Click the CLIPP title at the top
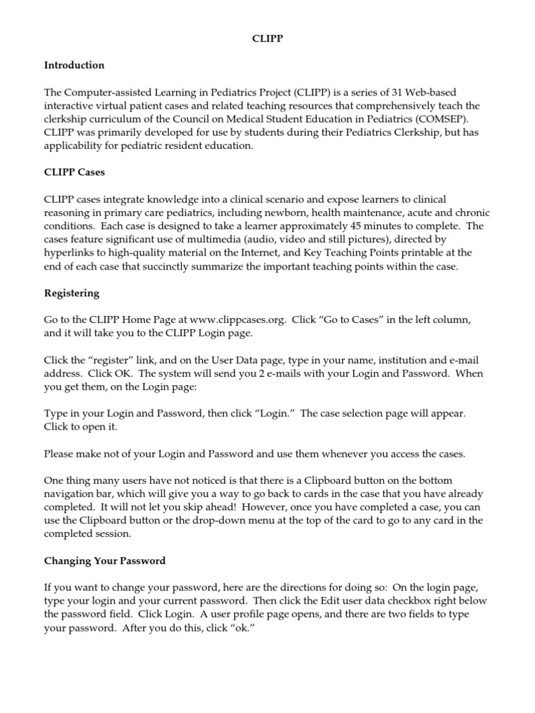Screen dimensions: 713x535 (267, 40)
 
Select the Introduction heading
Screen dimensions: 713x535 (74, 65)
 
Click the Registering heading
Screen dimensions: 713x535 (71, 293)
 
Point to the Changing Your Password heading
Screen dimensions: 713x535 (104, 560)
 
